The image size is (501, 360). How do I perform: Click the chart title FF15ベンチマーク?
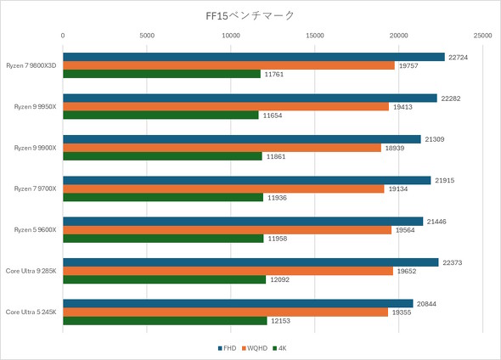(x=250, y=15)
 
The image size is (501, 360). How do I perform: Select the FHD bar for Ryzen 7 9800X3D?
(x=253, y=57)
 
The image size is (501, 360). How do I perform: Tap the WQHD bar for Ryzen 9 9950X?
(x=225, y=107)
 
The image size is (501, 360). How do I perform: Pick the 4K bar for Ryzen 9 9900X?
(x=162, y=156)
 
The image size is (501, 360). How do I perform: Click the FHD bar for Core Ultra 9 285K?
(x=250, y=262)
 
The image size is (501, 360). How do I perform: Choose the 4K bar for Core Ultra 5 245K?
(x=165, y=320)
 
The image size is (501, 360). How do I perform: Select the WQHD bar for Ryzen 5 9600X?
(x=227, y=229)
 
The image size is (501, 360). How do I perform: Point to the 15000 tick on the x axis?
(x=315, y=36)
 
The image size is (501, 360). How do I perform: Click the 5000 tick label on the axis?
(x=147, y=36)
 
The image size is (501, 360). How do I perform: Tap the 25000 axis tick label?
(x=481, y=36)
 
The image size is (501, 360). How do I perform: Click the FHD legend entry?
(x=227, y=348)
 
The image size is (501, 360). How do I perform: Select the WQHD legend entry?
(x=255, y=348)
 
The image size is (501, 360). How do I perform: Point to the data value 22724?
(x=459, y=57)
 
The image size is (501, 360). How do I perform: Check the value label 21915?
(x=445, y=180)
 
